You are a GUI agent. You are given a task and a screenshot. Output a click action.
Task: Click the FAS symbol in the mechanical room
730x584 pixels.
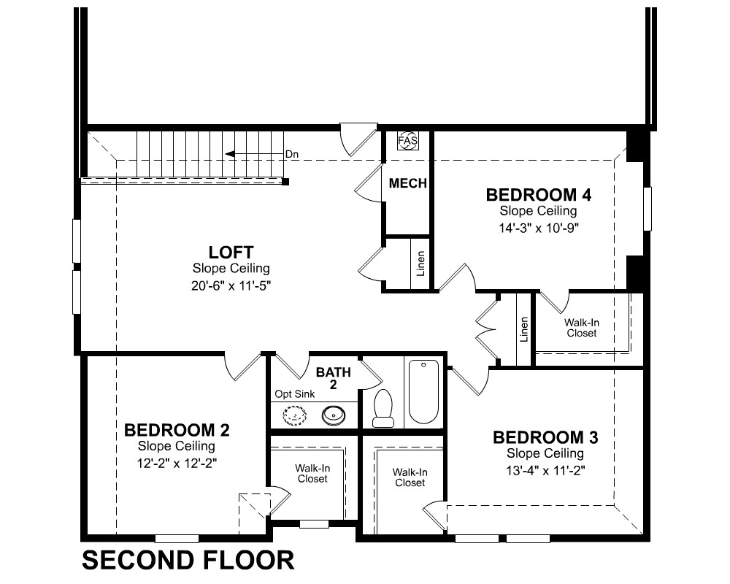(407, 141)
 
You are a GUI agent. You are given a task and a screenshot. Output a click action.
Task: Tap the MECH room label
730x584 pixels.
(408, 183)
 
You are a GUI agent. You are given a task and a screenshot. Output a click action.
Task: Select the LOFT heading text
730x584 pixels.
(231, 253)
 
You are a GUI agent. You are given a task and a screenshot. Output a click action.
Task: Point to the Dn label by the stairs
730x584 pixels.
(292, 154)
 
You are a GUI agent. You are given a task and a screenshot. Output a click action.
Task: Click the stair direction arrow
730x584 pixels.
(254, 155)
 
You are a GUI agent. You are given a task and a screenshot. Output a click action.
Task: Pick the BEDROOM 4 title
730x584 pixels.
(539, 195)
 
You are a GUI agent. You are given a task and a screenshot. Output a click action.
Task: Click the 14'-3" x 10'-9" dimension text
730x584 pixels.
(539, 228)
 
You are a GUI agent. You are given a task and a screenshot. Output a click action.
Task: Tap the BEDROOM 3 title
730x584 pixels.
(545, 437)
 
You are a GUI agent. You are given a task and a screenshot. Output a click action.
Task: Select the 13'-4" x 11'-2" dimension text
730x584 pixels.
(545, 471)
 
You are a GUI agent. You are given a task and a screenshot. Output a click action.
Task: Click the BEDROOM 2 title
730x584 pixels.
(177, 430)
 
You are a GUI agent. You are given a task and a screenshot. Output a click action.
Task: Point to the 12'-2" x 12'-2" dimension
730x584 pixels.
(177, 464)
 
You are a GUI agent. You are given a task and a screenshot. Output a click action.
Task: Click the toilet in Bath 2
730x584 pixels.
(383, 408)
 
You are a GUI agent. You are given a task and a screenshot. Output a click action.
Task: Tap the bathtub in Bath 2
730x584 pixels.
(423, 392)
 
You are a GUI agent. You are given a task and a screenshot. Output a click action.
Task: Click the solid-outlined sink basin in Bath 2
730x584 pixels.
(334, 414)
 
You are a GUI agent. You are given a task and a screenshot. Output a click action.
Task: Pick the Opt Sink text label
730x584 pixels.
(295, 394)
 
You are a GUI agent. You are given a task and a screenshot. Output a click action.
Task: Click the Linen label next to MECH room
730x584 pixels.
(421, 264)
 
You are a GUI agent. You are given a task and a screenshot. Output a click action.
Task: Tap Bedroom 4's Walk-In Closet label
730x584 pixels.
(582, 328)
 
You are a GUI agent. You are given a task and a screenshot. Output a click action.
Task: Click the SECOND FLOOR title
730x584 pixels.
(188, 560)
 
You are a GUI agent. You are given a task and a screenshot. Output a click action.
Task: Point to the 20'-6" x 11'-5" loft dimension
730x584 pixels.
(231, 285)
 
